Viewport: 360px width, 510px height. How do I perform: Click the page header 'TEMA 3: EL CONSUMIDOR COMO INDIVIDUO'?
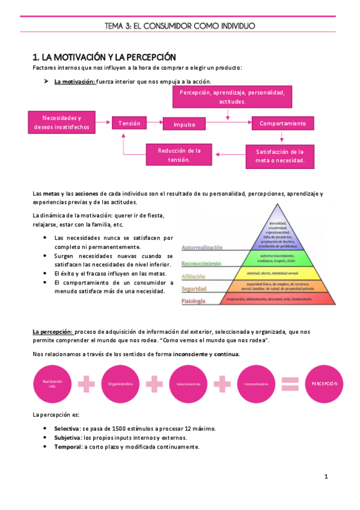pyautogui.click(x=180, y=26)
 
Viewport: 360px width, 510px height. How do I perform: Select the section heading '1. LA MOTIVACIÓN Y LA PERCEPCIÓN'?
pyautogui.click(x=103, y=57)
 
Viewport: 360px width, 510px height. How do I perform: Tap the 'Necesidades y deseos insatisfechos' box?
pyautogui.click(x=62, y=123)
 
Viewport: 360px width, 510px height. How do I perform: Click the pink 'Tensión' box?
pyautogui.click(x=129, y=123)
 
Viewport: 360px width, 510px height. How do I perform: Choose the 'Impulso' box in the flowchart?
pyautogui.click(x=185, y=124)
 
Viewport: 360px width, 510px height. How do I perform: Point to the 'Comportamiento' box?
pyautogui.click(x=282, y=123)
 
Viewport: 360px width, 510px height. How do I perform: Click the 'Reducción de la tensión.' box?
pyautogui.click(x=179, y=155)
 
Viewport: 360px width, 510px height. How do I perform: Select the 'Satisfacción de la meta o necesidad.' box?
pyautogui.click(x=279, y=156)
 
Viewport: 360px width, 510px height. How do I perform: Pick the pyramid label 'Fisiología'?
pyautogui.click(x=194, y=300)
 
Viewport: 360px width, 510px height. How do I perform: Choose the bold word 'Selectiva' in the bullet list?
pyautogui.click(x=67, y=428)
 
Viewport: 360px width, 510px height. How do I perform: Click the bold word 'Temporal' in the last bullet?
pyautogui.click(x=67, y=447)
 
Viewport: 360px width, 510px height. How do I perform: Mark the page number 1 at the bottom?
pyautogui.click(x=325, y=477)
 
